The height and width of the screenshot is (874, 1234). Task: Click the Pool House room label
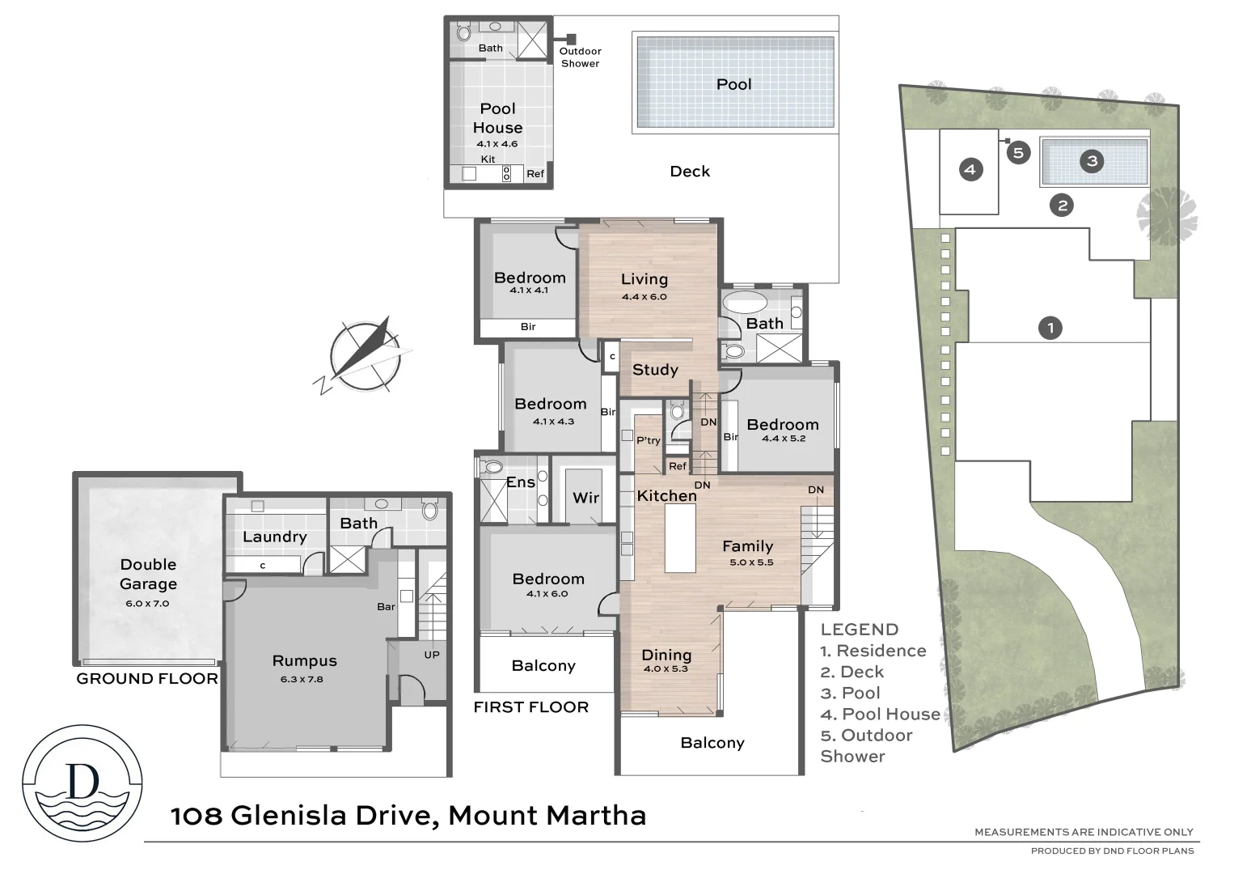497,118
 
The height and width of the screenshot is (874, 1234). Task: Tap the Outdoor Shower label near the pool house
580,57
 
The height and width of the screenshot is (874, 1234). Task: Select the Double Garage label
148,574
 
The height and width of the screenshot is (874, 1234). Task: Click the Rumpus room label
304,661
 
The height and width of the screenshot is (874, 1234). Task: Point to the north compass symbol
365,354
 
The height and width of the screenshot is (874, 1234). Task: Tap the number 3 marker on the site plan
1092,161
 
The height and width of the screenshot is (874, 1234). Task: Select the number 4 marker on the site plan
970,170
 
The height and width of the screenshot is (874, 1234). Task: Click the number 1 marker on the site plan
1050,328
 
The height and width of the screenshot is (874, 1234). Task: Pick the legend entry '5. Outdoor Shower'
866,745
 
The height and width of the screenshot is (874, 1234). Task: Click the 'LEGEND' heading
859,630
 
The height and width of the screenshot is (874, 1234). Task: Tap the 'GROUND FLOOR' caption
147,679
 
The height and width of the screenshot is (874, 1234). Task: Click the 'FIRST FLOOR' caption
530,707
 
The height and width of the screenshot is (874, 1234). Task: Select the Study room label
655,370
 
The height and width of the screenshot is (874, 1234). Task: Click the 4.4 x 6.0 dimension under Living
644,297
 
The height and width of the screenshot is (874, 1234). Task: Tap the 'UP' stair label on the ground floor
432,655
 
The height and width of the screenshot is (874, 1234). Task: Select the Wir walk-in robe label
585,498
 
